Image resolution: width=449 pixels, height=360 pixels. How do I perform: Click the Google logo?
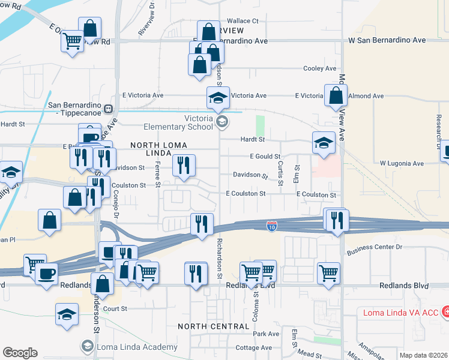(x=20, y=352)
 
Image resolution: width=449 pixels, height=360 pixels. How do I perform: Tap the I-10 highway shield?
(x=272, y=226)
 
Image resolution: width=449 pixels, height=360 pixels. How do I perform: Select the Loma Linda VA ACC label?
(x=401, y=312)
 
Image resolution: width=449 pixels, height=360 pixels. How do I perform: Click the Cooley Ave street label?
(x=319, y=68)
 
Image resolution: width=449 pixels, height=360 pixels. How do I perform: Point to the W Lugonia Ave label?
(x=402, y=163)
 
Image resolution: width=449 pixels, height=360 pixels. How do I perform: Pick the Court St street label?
(x=115, y=308)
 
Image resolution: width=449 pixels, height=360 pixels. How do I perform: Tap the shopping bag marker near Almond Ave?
(x=336, y=95)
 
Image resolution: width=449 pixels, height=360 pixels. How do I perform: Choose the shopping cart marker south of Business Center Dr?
(x=329, y=273)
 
